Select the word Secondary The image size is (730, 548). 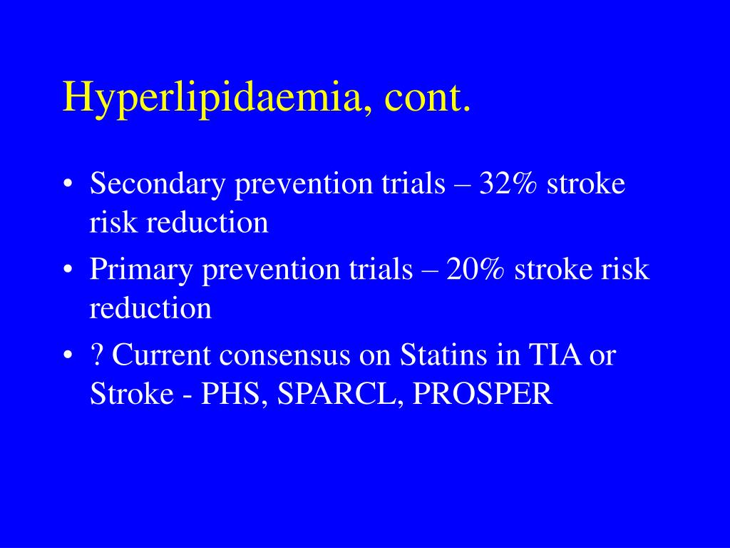(x=158, y=184)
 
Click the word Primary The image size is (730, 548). (x=141, y=270)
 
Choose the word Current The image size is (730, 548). (x=161, y=355)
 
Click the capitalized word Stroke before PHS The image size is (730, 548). (x=133, y=393)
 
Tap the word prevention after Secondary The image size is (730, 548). (x=304, y=184)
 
